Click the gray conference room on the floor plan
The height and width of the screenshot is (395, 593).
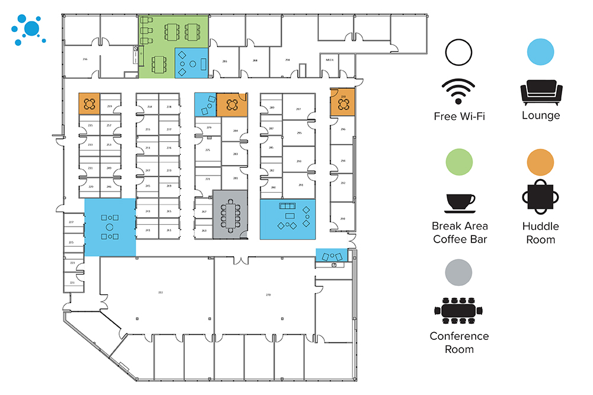230,214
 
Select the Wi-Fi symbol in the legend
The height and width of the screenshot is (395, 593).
459,93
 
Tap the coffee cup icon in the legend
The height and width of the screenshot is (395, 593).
460,202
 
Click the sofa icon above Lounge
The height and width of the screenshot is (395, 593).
541,93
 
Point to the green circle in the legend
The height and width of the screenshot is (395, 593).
460,161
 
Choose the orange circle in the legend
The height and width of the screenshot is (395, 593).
541,161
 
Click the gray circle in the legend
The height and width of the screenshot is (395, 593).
460,272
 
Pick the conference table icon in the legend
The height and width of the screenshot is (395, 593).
460,310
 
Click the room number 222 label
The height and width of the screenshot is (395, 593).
160,293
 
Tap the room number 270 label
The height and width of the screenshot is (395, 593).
268,295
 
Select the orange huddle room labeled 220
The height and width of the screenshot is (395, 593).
343,102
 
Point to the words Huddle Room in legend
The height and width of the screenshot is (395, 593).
540,233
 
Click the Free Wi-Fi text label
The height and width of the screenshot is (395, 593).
460,116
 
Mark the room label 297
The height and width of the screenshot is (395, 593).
298,110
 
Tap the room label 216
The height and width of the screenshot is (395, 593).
85,60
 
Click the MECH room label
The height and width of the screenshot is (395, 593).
330,60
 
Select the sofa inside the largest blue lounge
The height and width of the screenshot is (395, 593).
289,206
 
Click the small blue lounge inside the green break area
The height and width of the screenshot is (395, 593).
192,63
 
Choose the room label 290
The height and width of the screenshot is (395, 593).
342,219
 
